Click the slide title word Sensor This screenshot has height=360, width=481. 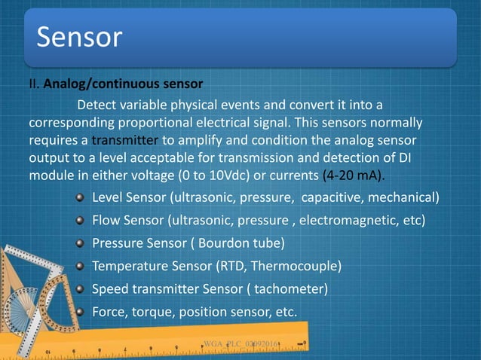(x=79, y=37)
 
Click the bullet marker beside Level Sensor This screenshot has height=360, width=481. (x=81, y=198)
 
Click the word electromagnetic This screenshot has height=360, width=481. (x=348, y=221)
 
